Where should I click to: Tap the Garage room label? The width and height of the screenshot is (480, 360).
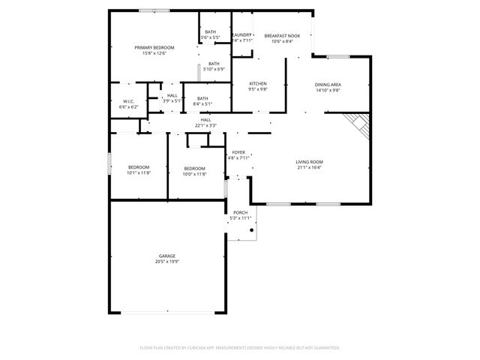tap(166, 256)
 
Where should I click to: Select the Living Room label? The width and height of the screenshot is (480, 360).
tap(309, 162)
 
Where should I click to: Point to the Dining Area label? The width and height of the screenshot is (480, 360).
tap(328, 85)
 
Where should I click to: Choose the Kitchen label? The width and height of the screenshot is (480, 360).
tap(258, 83)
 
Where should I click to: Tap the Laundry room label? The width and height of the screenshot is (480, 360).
tap(241, 35)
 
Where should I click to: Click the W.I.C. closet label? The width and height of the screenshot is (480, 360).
tap(128, 102)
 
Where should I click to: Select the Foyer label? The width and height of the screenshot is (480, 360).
tap(238, 152)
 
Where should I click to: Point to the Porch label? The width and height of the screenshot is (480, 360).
tap(240, 212)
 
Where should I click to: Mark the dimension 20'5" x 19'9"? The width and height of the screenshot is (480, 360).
tap(166, 262)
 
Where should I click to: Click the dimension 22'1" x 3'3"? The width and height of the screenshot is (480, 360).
tap(205, 125)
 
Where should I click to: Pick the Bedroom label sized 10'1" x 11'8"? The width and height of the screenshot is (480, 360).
tap(138, 166)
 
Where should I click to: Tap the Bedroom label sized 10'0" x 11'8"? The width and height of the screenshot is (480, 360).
tap(194, 168)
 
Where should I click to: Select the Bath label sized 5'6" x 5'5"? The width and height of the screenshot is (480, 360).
tap(210, 31)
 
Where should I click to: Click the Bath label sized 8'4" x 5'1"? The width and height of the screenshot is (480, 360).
tap(202, 98)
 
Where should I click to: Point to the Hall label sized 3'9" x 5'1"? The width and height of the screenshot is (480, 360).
tap(172, 95)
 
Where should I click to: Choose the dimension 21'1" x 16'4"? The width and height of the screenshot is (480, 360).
tap(309, 168)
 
